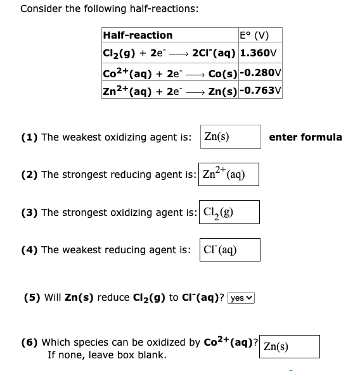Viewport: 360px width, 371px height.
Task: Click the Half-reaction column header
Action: coord(138,35)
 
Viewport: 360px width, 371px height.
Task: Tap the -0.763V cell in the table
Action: coord(260,91)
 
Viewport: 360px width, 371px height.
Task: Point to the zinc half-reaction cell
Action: coord(169,91)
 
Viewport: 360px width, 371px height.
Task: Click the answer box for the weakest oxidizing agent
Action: coord(230,136)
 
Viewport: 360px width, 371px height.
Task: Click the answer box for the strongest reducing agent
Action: coord(228,173)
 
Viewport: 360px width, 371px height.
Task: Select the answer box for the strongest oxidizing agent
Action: coord(228,211)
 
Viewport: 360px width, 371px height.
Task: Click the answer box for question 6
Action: coord(289,346)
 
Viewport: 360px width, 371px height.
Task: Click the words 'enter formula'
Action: coord(305,137)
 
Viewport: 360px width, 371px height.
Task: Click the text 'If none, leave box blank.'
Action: coord(107,355)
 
